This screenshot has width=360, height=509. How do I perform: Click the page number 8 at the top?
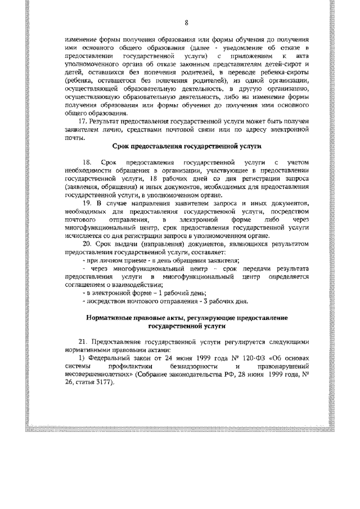pyautogui.click(x=186, y=22)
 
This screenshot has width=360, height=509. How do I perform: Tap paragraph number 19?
pyautogui.click(x=87, y=201)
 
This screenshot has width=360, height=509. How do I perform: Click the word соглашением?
pyautogui.click(x=85, y=284)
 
